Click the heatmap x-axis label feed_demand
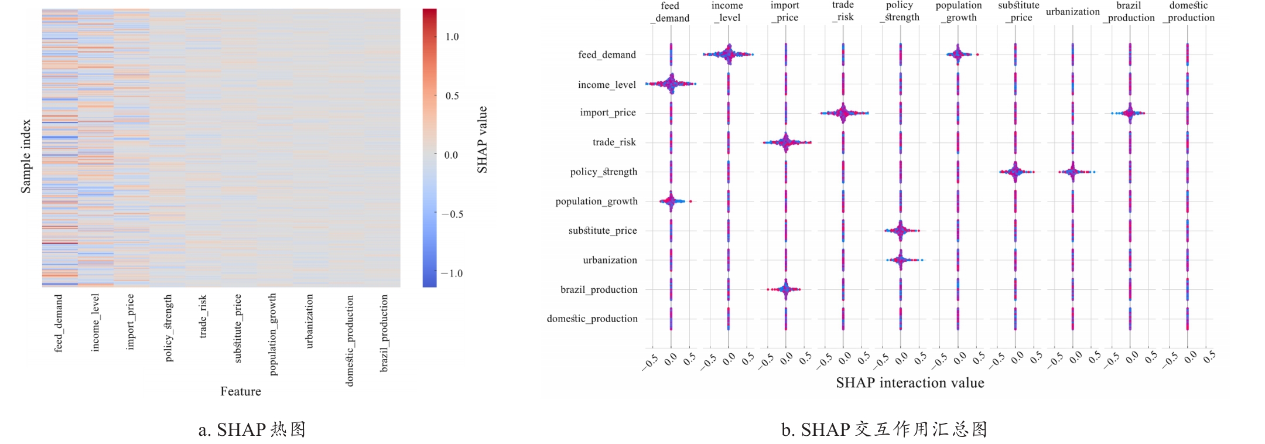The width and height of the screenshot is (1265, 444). (x=59, y=323)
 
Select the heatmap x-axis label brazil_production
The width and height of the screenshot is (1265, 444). (x=384, y=333)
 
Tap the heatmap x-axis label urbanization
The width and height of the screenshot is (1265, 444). (x=310, y=321)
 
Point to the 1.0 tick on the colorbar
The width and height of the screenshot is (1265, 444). (x=452, y=37)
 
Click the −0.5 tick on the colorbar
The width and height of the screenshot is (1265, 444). (x=452, y=214)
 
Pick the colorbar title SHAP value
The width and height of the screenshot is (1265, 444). (x=482, y=139)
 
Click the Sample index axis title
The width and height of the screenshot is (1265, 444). (x=26, y=156)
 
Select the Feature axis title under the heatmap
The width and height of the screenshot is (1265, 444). (x=240, y=391)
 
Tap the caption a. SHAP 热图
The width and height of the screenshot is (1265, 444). (x=252, y=430)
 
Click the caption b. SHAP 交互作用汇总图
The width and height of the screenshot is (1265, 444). (x=884, y=430)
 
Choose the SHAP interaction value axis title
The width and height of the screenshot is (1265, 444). (x=910, y=383)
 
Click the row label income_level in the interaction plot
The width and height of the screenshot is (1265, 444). (x=607, y=85)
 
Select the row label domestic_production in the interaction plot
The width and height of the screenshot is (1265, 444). (x=592, y=319)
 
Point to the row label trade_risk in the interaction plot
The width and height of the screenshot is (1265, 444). (x=614, y=142)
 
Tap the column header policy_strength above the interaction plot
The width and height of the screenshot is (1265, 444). (x=900, y=11)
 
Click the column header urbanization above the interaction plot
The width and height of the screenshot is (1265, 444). (x=1072, y=12)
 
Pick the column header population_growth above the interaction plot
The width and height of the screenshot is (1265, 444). (x=959, y=11)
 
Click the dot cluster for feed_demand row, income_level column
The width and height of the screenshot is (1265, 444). (x=728, y=54)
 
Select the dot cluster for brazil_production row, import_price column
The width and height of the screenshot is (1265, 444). (x=785, y=289)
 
